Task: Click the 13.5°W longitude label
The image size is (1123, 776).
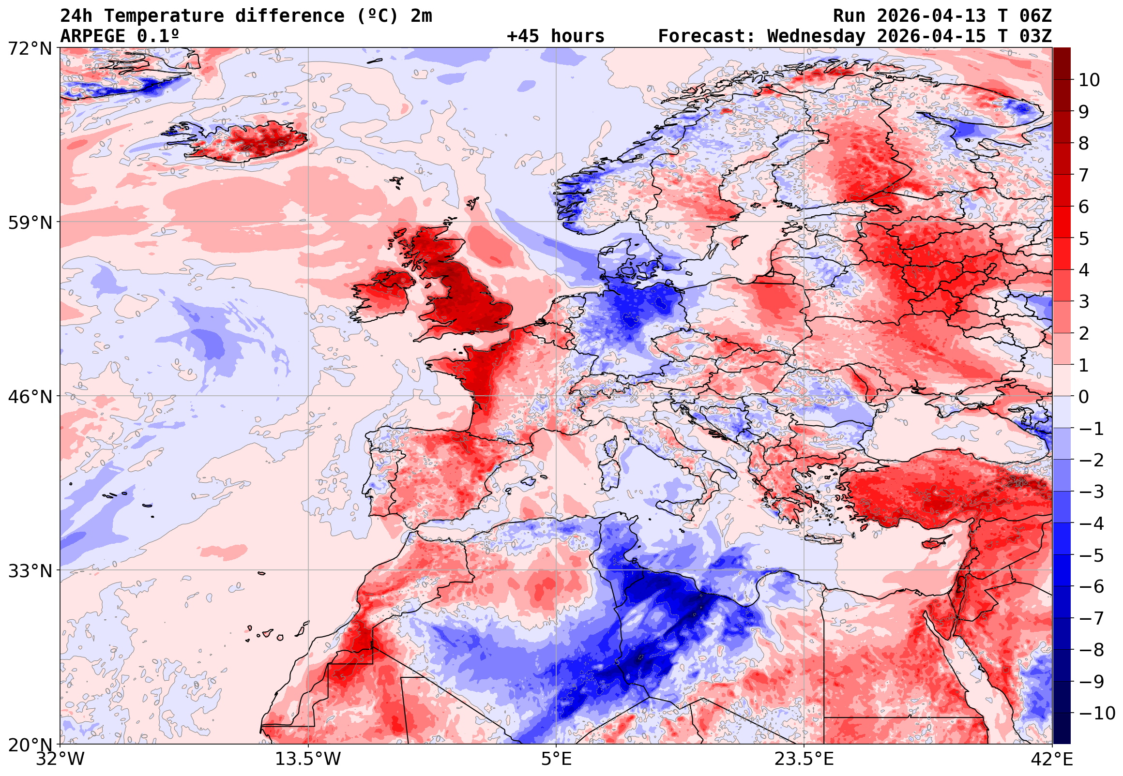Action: tap(308, 759)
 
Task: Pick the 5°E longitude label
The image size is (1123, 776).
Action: tap(556, 759)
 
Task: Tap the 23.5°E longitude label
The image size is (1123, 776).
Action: tap(804, 759)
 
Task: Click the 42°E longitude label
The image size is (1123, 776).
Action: tap(1051, 759)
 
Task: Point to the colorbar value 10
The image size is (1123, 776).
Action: tap(1089, 80)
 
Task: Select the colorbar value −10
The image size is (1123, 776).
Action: tap(1097, 713)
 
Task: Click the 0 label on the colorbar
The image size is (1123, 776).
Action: tap(1084, 397)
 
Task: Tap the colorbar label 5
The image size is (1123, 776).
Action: tap(1084, 239)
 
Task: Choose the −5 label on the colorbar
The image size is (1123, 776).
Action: tap(1091, 555)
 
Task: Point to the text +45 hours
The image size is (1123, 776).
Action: tap(555, 36)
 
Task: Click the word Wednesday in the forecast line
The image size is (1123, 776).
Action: tap(817, 36)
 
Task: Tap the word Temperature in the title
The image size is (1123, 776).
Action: tap(164, 16)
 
